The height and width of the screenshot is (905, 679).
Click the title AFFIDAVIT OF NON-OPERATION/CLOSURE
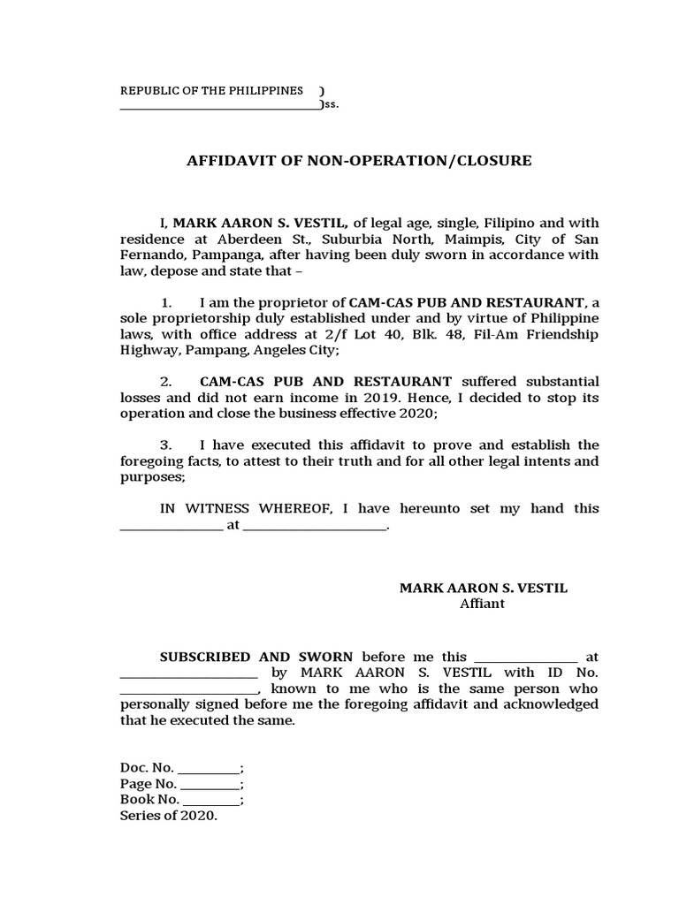359,161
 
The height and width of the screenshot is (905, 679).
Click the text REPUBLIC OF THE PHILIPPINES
211,91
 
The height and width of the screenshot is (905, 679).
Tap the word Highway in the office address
149,351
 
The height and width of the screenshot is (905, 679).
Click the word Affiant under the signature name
482,604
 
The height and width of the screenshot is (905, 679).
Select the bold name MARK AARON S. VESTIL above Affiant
483,588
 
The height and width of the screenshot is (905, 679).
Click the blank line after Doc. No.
208,768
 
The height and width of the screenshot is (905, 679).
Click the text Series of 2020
168,816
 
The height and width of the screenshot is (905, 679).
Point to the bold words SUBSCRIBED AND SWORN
256,657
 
